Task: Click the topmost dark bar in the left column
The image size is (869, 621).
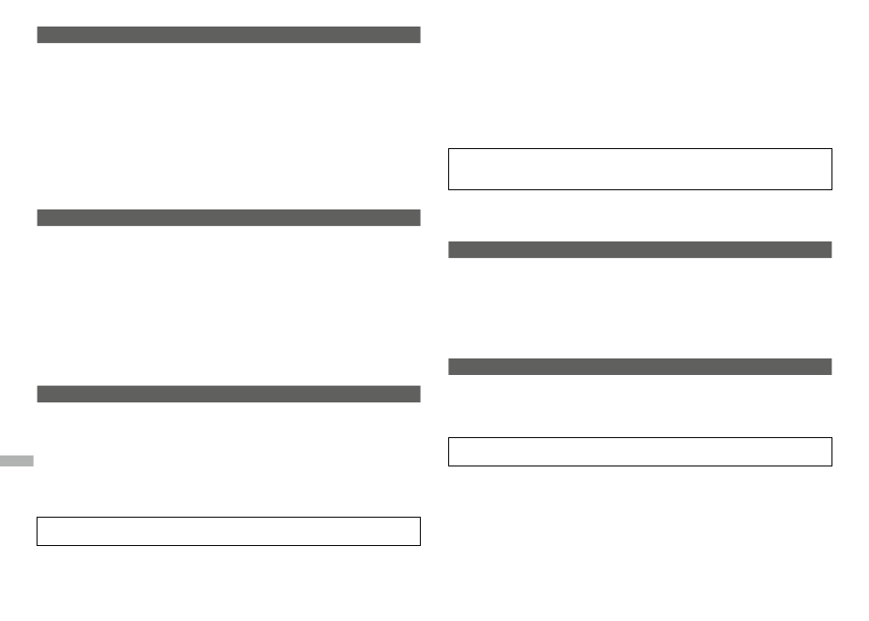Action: tap(229, 35)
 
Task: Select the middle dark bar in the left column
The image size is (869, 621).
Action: tap(229, 218)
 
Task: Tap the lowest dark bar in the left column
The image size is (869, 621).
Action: tap(229, 394)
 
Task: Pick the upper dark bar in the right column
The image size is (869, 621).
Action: tap(640, 250)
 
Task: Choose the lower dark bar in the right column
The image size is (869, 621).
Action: tap(640, 367)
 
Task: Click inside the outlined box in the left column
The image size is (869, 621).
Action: tap(229, 531)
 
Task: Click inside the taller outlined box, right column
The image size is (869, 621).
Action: tap(640, 169)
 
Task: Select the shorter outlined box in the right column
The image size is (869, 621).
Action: tap(640, 452)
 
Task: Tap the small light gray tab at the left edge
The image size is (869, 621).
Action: tap(16, 460)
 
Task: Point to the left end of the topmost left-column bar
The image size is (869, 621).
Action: tap(38, 35)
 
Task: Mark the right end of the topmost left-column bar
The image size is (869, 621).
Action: tap(419, 35)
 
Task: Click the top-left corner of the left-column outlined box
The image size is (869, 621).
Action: tap(38, 518)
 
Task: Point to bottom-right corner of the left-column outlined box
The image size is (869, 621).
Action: tap(420, 545)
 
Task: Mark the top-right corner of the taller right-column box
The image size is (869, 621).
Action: tap(831, 149)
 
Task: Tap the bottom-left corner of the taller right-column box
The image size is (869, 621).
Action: tap(449, 189)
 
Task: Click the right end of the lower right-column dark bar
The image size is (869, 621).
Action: tap(831, 367)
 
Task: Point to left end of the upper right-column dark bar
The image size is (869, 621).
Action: tap(450, 250)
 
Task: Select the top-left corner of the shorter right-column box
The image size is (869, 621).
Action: tap(449, 438)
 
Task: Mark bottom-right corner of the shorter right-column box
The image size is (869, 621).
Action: tap(831, 466)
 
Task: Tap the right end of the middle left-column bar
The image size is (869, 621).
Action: tap(419, 218)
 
